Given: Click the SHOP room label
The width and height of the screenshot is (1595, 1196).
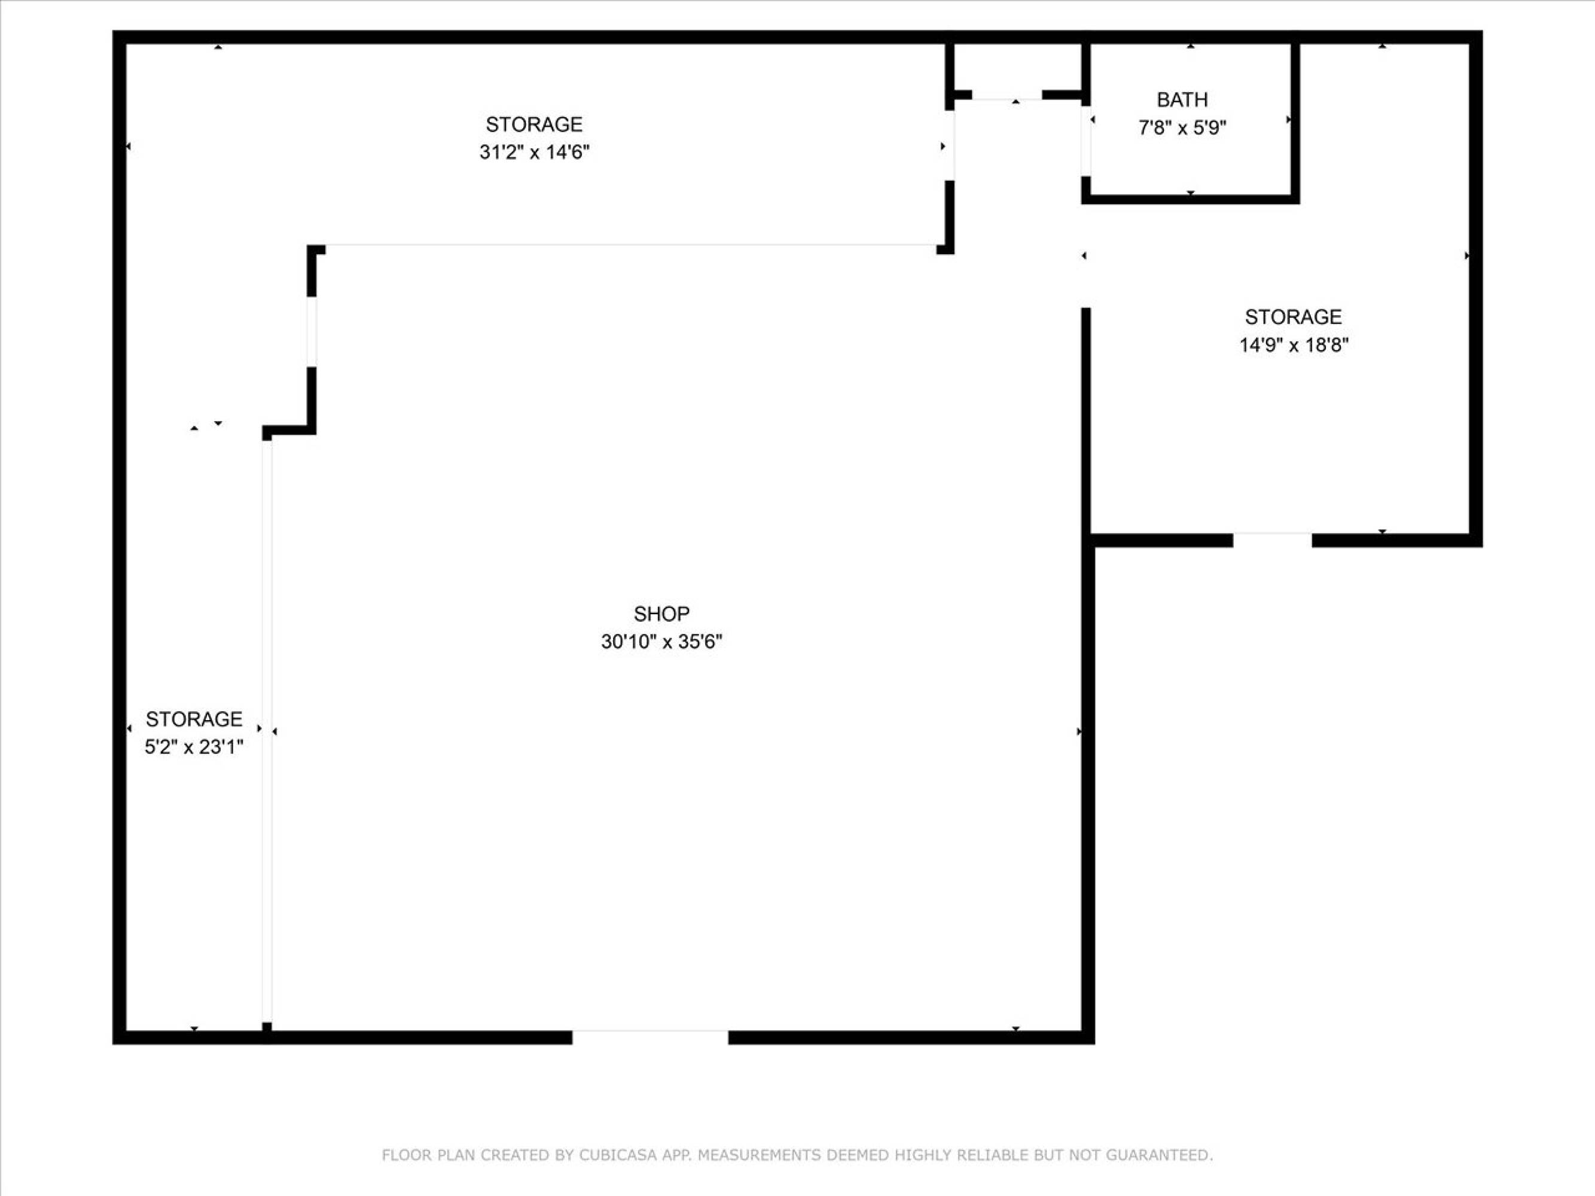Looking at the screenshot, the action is pos(661,614).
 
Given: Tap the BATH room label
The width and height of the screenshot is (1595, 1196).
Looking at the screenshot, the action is pos(1182,99).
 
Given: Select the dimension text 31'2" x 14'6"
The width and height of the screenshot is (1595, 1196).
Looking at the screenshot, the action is pos(534,152).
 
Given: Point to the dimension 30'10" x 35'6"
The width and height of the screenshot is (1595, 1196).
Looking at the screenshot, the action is pos(661,642).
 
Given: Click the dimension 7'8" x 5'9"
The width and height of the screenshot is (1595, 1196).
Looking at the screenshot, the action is pos(1182,127).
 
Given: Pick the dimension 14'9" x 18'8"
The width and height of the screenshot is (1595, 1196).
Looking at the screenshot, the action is pos(1294,345).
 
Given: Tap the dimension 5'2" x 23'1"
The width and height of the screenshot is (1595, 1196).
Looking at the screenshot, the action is pos(194,747).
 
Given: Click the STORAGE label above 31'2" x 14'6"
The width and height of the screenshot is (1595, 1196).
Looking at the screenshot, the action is pos(534,125).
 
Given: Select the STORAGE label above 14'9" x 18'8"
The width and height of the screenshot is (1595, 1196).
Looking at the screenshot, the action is pos(1294,316).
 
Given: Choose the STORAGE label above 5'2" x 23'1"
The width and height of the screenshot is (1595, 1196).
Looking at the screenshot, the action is pos(194,719).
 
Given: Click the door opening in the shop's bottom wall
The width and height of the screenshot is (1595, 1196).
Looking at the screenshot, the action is pos(651,1038).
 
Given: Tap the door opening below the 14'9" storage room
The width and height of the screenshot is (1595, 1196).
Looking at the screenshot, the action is pos(1273,540).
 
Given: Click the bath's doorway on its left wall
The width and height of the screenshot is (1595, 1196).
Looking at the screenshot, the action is pos(1085,141).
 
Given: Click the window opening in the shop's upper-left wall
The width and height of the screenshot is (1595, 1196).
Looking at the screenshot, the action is pos(312,332).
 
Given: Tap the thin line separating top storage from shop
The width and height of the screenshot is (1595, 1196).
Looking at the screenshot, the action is pos(631,246).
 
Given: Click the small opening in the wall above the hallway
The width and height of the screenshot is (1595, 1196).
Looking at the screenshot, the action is pos(1007,95).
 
